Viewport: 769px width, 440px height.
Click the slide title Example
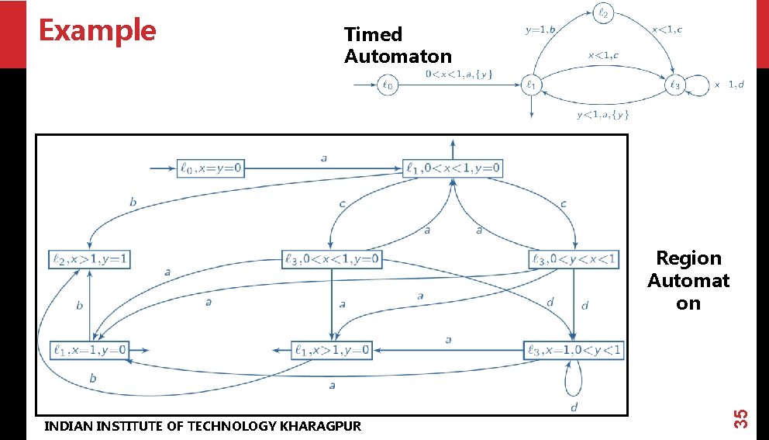point(97,30)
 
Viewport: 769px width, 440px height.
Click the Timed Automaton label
point(398,45)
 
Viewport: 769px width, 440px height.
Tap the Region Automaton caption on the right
point(688,280)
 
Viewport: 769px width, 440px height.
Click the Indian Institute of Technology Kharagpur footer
point(202,425)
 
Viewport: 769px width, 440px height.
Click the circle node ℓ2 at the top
point(605,12)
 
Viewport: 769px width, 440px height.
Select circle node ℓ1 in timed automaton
point(532,85)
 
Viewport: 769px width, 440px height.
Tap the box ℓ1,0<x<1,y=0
point(453,168)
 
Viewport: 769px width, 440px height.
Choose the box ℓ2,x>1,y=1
point(89,259)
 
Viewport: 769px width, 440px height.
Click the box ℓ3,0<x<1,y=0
point(332,259)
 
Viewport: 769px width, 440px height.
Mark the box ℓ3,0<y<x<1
point(574,259)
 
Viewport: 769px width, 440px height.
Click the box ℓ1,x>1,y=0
point(332,351)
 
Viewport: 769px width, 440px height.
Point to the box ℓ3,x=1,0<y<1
point(574,351)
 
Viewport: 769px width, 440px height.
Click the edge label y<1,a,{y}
point(602,115)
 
